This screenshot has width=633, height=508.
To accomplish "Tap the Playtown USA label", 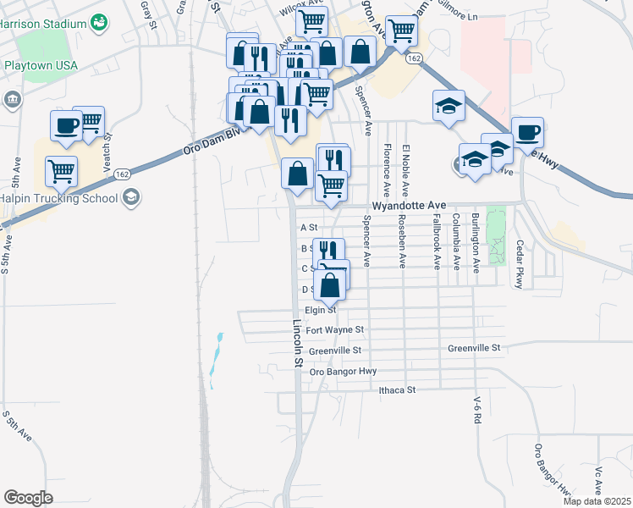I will coord(41,65).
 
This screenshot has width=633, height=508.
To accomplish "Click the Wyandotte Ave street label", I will coord(408,206).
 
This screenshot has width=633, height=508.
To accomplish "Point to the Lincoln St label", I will coord(298,343).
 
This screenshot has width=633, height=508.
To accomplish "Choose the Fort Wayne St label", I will coord(334,330).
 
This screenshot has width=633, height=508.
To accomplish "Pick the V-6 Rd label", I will coord(477,410).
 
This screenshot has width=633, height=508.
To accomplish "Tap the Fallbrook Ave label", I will coord(437,241).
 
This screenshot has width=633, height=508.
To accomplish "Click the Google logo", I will coord(28,498).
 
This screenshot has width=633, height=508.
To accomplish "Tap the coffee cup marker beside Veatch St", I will coord(66,126).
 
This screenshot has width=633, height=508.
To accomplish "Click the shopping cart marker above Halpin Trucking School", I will coord(61,171).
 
